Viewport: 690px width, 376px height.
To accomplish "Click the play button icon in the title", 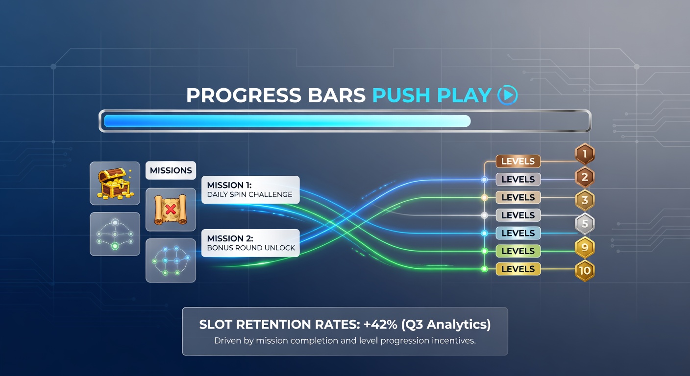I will click(507, 95).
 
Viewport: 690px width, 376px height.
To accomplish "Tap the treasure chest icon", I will click(115, 183).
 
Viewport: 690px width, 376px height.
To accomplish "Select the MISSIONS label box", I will click(171, 170).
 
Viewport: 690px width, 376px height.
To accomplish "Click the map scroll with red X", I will click(171, 210).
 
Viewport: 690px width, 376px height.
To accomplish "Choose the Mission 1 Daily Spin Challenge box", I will click(250, 190).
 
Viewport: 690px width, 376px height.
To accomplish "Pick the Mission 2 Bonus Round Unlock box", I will click(250, 243).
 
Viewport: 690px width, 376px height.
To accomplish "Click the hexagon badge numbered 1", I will click(584, 155).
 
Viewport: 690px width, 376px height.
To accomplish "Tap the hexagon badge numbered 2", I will click(584, 178).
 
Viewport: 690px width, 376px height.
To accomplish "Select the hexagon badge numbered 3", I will click(584, 200).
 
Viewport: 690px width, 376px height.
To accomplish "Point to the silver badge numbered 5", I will click(584, 224).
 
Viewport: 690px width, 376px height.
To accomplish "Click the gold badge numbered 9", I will click(584, 247).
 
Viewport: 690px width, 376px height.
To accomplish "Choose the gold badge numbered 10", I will click(584, 270).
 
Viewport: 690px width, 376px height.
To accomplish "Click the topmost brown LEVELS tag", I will click(518, 161).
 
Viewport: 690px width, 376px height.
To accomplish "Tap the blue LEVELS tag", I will click(518, 233).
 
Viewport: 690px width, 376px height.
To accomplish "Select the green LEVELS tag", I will click(518, 251).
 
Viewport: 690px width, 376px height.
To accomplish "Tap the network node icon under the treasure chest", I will click(115, 234).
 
